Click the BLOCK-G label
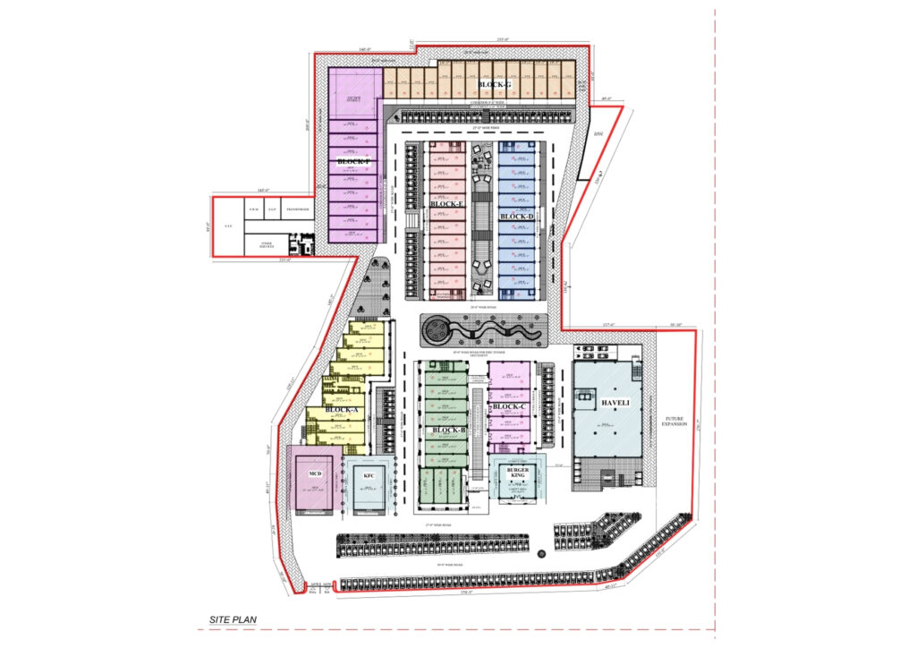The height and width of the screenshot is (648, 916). click(494, 85)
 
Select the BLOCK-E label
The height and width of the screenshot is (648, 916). click(446, 204)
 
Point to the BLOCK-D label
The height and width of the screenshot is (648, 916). click(517, 217)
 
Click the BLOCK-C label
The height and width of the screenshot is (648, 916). click(509, 407)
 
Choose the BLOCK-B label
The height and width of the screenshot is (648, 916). click(448, 431)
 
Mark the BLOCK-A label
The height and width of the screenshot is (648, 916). click(342, 410)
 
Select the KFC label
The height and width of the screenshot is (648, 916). click(369, 476)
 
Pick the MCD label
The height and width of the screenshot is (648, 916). click(315, 473)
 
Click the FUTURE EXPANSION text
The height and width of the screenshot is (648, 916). click(673, 422)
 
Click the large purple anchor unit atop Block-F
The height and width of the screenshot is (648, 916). click(354, 98)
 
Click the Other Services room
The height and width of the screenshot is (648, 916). click(266, 243)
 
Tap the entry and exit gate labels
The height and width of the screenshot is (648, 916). click(319, 587)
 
